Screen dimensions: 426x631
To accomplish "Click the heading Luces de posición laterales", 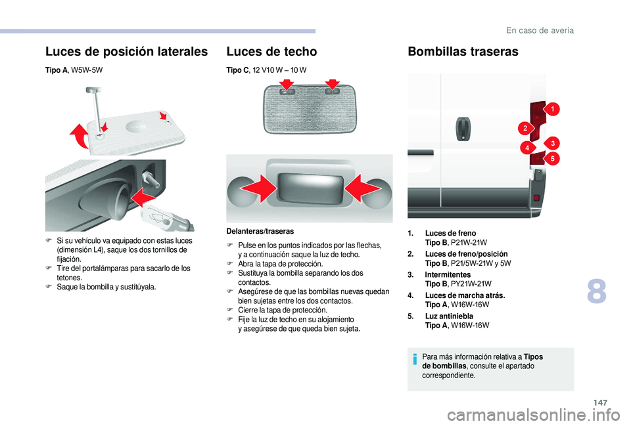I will [126, 51].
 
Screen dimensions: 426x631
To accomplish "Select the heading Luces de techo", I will [271, 51].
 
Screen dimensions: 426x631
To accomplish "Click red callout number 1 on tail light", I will [553, 108].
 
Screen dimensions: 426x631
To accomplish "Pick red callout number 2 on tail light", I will [526, 127].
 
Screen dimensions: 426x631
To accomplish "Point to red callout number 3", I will [553, 143].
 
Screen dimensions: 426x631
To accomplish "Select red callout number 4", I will [527, 149].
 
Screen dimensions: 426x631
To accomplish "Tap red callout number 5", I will [553, 158].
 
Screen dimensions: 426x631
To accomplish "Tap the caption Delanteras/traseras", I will [260, 231].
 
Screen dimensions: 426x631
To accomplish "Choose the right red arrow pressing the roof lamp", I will [360, 190].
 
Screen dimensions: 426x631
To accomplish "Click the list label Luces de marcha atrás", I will [465, 295].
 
